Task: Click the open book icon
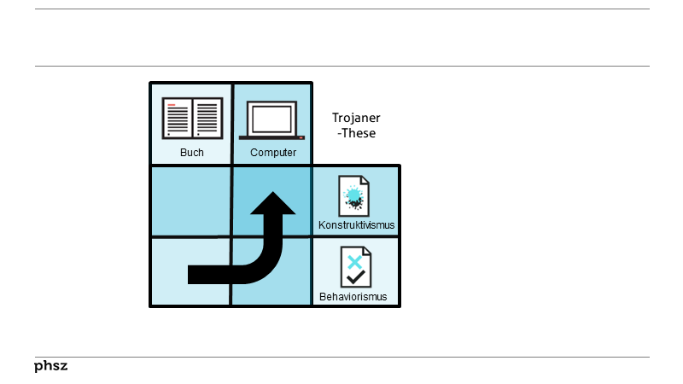(x=192, y=118)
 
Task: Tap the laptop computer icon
(x=272, y=119)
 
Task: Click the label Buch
(x=192, y=153)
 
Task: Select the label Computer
(x=273, y=153)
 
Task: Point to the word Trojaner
(x=356, y=118)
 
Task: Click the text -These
(x=357, y=133)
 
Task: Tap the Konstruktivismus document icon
(x=353, y=196)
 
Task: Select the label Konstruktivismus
(x=356, y=226)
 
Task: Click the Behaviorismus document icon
(x=355, y=268)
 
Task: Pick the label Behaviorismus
(x=353, y=297)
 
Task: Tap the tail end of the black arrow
(x=193, y=274)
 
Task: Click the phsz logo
(x=51, y=366)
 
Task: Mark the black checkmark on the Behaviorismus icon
(x=357, y=276)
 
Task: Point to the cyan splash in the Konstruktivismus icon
(x=353, y=195)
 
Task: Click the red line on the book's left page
(x=172, y=105)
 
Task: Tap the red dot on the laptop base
(x=301, y=137)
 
